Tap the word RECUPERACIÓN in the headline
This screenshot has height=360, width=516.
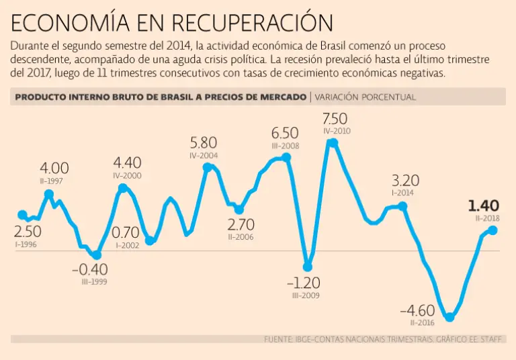coord(252,24)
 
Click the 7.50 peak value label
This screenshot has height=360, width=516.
coord(335,119)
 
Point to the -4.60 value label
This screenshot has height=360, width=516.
coord(417,311)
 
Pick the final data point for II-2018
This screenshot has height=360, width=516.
coord(492,230)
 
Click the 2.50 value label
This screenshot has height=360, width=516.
coord(28,232)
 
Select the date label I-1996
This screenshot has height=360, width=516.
coord(26,244)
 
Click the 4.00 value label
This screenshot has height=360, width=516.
coord(54,168)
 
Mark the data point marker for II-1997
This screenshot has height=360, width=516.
coord(49,194)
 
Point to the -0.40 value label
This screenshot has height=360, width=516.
coord(90,269)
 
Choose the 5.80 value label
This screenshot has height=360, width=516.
coord(204,142)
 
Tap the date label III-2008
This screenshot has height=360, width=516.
coord(285,145)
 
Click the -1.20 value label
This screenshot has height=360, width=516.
coord(303,282)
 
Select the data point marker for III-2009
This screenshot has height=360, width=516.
coord(308,267)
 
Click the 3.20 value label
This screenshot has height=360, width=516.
coord(405,180)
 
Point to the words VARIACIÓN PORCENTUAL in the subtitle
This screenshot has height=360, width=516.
coord(365,97)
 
